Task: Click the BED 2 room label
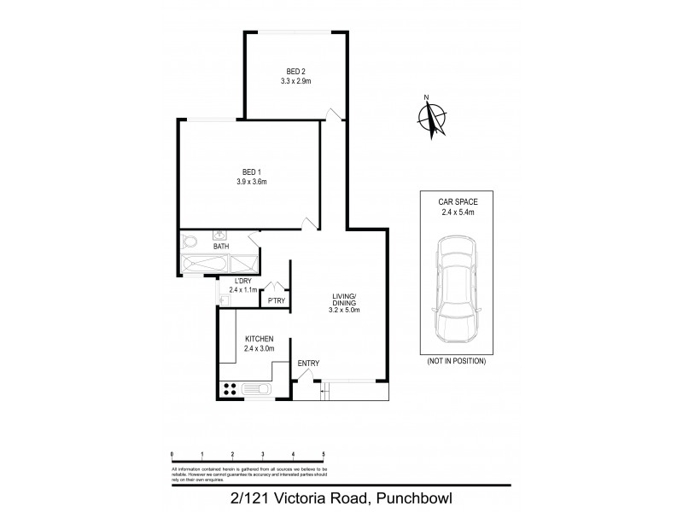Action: coord(295,72)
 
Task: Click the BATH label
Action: coord(220,247)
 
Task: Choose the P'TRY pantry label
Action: coord(276,300)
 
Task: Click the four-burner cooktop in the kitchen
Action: coord(230,389)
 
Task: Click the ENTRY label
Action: coord(308,364)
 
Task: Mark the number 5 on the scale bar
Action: coord(324,454)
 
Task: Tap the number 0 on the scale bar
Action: coord(172,454)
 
